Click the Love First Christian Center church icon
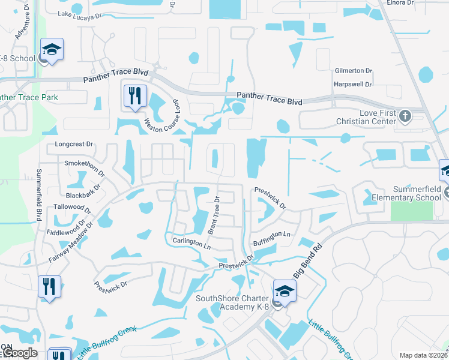pos(405,116)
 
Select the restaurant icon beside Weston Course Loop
pos(134,97)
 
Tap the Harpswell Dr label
pos(352,84)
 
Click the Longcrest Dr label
pos(74,144)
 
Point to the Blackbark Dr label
pos(86,196)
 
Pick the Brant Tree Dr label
pos(215,214)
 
